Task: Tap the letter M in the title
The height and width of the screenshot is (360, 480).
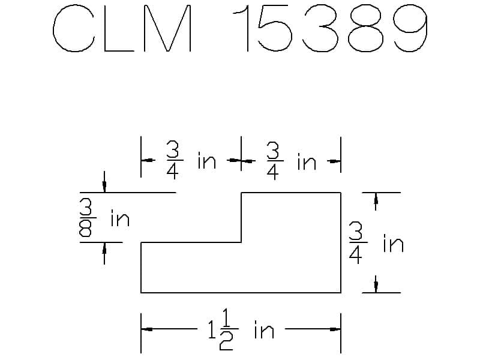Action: coord(167,28)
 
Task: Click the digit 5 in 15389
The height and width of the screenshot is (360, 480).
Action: coord(275,28)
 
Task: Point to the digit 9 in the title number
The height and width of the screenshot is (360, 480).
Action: coord(410,28)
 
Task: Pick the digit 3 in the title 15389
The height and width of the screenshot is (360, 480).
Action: coord(320,28)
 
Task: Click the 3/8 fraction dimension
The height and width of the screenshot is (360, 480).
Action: coord(86,218)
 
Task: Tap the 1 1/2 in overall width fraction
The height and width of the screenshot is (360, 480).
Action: coord(223,330)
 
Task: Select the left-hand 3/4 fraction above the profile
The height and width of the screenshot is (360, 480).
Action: coord(173,160)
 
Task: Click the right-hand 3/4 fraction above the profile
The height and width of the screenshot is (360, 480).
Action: coord(274,160)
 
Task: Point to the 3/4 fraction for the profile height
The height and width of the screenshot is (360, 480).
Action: coord(357,243)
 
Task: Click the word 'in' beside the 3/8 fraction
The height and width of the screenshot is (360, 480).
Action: coord(121,218)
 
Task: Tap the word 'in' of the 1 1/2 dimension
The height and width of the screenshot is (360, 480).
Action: coord(264,330)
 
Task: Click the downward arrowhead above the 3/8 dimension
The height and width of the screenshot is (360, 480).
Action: coord(104,186)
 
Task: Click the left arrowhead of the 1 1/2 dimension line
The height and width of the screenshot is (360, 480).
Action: coord(147,329)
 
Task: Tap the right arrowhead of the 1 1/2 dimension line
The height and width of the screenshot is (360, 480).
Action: coord(335,329)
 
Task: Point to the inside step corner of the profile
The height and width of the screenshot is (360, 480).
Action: coord(241,242)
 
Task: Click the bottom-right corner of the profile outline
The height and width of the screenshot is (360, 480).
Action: coord(341,293)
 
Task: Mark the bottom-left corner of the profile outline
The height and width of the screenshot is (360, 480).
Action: coord(141,293)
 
